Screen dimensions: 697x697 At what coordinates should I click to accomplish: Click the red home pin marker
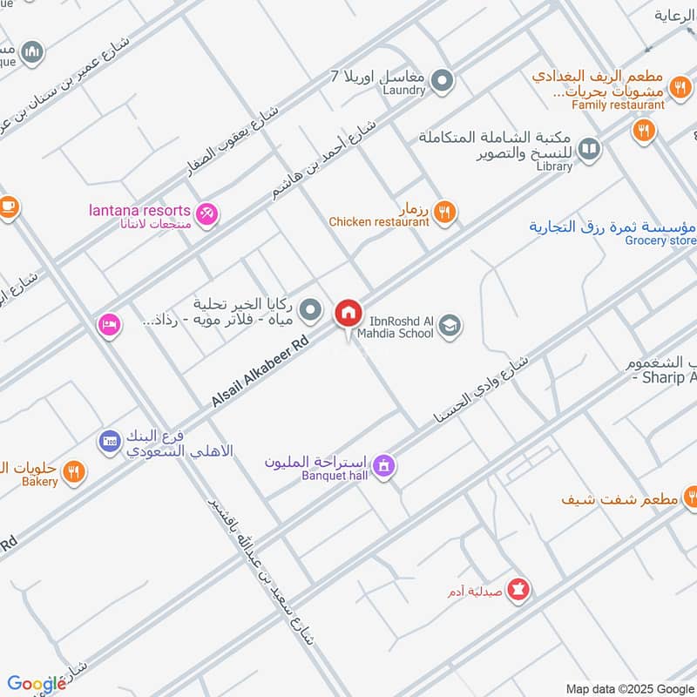coord(348,313)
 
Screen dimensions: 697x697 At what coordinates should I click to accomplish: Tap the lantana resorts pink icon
coord(206,212)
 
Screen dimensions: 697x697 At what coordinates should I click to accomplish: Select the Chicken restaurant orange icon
coord(445,210)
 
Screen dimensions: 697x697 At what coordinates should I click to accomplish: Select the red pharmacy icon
coord(520,590)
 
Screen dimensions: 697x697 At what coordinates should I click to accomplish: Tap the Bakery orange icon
coord(75,471)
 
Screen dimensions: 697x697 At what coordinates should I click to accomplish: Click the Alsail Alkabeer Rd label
coord(261,372)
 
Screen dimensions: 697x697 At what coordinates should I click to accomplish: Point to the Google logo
coord(37,684)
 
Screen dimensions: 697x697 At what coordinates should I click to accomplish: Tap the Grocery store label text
coord(660,240)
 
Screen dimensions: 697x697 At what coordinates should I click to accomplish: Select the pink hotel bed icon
coord(109,324)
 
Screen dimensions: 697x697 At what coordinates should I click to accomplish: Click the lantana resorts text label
coord(139,210)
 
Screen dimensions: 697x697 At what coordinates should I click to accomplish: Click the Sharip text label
coord(666,377)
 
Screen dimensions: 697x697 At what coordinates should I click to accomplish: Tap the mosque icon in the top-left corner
coord(33,52)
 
